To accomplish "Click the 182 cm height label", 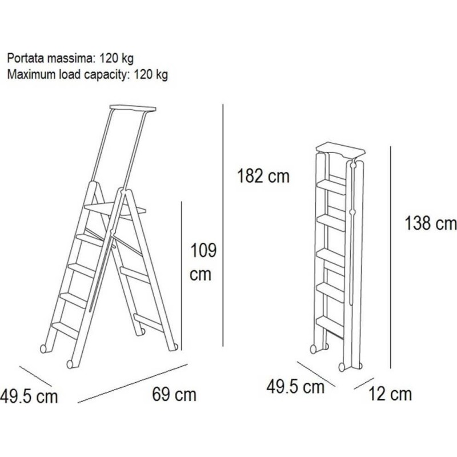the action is pos(263,177).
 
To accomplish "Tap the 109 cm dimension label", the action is pos(203,262).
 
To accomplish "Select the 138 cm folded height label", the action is pos(431,223).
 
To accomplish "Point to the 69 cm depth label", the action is pos(174,395).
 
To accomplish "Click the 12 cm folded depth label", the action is pos(390,394).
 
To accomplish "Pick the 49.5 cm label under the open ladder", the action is pos(29,396).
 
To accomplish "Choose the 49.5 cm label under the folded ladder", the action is pos(295,387).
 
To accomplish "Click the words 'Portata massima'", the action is pos(50,58).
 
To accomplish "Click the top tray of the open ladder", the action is pos(133,108).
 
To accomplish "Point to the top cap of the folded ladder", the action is pos(340,149).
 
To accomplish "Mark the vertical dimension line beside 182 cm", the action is pos(223,225).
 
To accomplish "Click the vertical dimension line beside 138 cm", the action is pos(391,258).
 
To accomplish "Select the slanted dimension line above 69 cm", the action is pos(133,383).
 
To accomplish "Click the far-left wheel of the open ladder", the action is pos(43,349).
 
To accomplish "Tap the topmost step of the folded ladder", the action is pos(331,186).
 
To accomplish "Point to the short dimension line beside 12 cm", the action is pos(364,383).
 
